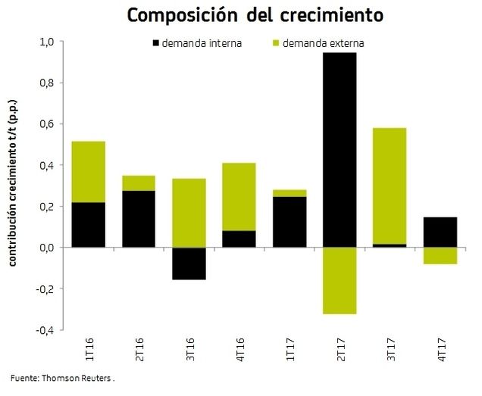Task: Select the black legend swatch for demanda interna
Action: pos(156,43)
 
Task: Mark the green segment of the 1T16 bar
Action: pos(89,172)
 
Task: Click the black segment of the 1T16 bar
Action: pos(89,225)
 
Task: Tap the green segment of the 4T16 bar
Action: pos(239,197)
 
